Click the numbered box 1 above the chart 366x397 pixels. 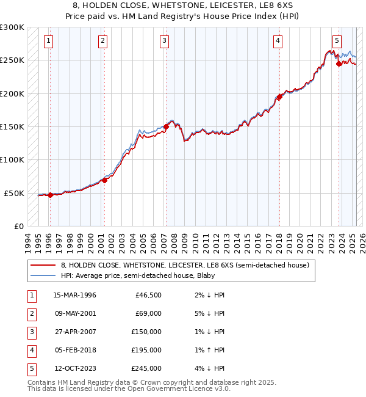tap(48, 41)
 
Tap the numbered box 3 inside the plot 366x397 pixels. tap(165, 41)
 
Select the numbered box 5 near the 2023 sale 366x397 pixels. tap(337, 41)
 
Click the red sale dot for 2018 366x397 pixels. tap(279, 97)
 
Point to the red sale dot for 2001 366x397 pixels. tap(104, 180)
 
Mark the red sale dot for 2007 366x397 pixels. tap(165, 127)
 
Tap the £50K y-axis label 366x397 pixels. tap(15, 193)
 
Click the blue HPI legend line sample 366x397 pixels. tap(43, 275)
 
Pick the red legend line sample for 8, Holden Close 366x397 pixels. tap(43, 265)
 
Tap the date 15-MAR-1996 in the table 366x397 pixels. tap(74, 295)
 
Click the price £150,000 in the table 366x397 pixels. tap(147, 332)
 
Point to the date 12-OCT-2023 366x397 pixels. tap(74, 368)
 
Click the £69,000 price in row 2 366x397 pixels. tap(149, 313)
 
